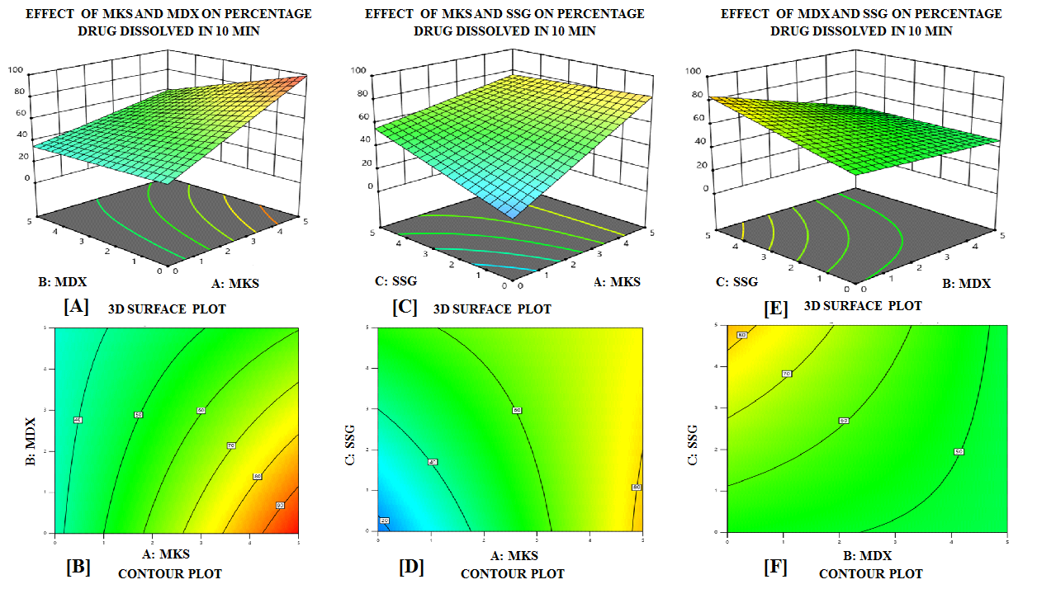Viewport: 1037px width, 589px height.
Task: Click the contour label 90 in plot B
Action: tap(280, 505)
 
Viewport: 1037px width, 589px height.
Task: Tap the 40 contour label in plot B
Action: tap(78, 420)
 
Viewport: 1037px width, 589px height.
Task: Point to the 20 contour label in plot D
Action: tap(384, 521)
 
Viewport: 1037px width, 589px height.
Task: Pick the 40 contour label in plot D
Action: tap(432, 462)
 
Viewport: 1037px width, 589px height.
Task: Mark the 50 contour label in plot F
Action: tap(959, 451)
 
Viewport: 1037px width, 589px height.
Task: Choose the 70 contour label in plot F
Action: tap(787, 374)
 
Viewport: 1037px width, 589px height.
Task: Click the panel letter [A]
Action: tap(76, 307)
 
